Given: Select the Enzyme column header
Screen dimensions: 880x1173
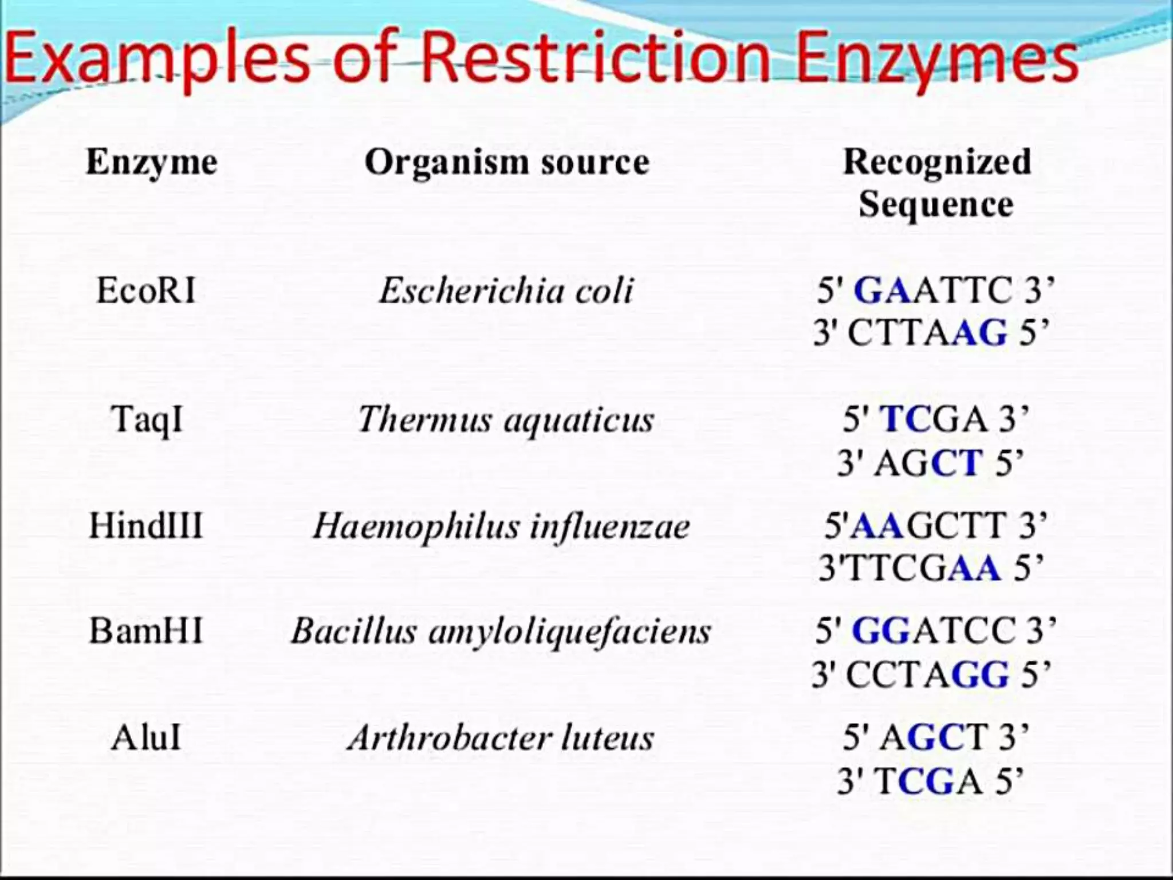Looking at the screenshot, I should [152, 162].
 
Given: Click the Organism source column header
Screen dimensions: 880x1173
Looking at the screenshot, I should [507, 162].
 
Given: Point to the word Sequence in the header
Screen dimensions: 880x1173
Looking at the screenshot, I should [936, 204].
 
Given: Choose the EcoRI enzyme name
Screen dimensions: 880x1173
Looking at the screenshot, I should [146, 290].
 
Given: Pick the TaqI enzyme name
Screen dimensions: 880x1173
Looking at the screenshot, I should [147, 419].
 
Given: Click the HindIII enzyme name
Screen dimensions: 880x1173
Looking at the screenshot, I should [146, 525].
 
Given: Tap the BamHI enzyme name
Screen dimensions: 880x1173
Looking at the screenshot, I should [146, 631].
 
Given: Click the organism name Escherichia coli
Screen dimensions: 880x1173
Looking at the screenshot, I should [506, 290].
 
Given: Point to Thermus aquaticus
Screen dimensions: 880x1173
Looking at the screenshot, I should [505, 420].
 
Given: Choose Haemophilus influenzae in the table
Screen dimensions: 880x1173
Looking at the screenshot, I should [502, 526].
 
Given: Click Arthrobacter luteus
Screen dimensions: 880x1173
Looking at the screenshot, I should [501, 738].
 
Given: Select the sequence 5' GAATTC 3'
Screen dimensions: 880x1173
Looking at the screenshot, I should [935, 290].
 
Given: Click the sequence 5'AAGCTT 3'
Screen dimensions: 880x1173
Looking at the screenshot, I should [935, 525].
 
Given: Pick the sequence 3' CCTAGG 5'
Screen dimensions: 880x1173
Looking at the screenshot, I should [931, 674].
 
